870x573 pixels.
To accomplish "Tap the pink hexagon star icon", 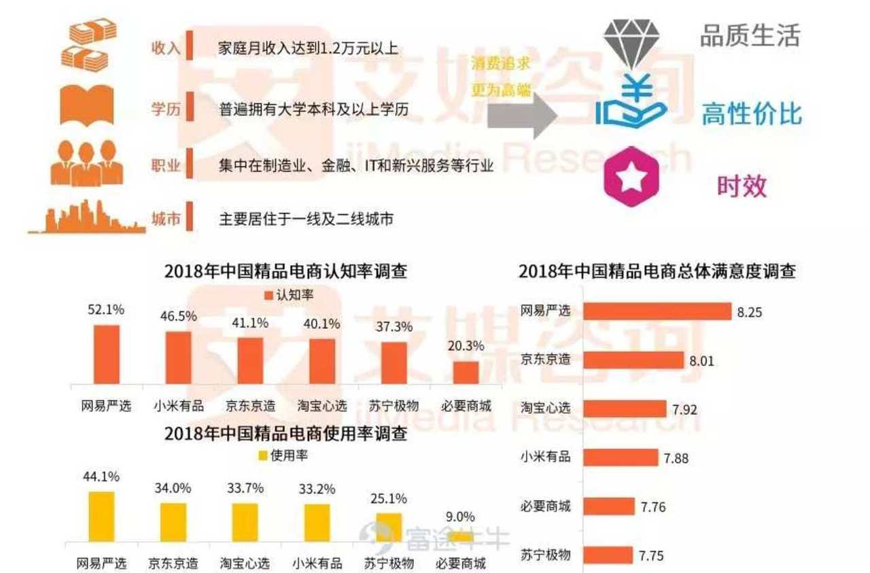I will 633,177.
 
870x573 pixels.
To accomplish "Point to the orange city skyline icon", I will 86,218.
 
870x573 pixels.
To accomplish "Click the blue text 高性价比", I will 751,115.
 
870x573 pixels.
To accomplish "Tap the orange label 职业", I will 165,165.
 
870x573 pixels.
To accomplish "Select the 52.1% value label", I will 106,309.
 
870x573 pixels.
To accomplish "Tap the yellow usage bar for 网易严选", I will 102,517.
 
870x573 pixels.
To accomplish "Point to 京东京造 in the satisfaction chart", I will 545,360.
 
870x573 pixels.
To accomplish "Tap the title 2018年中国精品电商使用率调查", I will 286,434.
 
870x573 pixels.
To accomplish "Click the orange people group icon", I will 86,163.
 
